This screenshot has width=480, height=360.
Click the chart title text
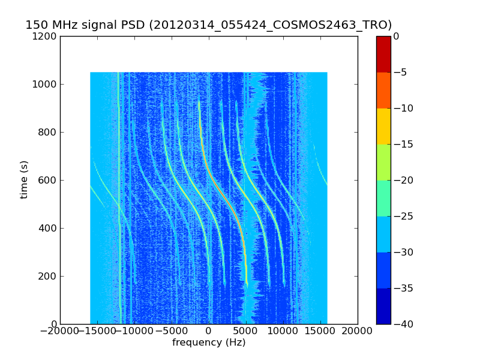[x=208, y=25]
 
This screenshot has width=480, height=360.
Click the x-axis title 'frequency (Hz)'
[x=209, y=343]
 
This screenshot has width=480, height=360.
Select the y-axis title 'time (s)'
[x=24, y=179]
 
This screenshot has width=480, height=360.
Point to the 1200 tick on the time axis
[x=46, y=37]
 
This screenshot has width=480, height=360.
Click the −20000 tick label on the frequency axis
[x=60, y=331]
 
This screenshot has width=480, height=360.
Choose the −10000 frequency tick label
[x=134, y=331]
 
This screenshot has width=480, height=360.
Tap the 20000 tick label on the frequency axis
[x=358, y=331]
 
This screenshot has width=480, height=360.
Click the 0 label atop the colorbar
[x=396, y=37]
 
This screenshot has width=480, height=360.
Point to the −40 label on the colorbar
[x=403, y=324]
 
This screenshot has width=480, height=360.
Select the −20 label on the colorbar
[x=403, y=181]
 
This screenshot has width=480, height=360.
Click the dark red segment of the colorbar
[x=383, y=54]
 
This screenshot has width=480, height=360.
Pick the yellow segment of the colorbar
[x=383, y=126]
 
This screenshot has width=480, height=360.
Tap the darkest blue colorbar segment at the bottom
[x=383, y=306]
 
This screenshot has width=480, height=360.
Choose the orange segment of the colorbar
[x=383, y=90]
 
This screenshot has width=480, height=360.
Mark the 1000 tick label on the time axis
[x=46, y=85]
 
